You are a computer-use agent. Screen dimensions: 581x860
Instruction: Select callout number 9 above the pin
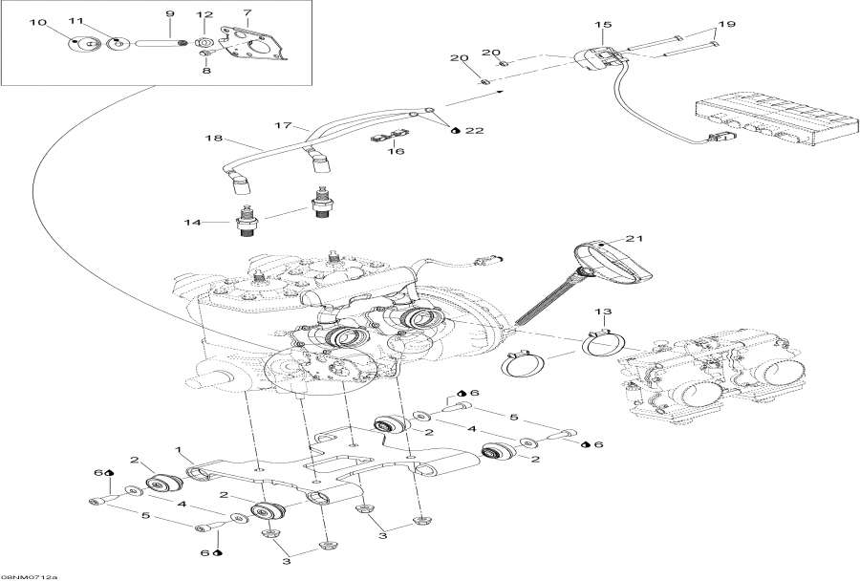click(170, 13)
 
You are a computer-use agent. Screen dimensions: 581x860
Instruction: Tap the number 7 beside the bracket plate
click(247, 13)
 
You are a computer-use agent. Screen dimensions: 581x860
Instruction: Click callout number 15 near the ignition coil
click(602, 24)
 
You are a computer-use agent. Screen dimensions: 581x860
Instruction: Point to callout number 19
click(727, 23)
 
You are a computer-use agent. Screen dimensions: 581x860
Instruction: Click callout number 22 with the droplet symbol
click(474, 130)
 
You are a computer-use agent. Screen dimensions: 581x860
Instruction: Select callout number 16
click(396, 150)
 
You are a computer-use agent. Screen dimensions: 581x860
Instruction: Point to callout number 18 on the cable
click(212, 140)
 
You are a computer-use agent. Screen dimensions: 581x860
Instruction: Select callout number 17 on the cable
click(283, 125)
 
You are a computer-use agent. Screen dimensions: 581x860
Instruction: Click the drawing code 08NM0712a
click(29, 576)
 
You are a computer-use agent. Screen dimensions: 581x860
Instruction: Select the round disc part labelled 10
click(78, 44)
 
